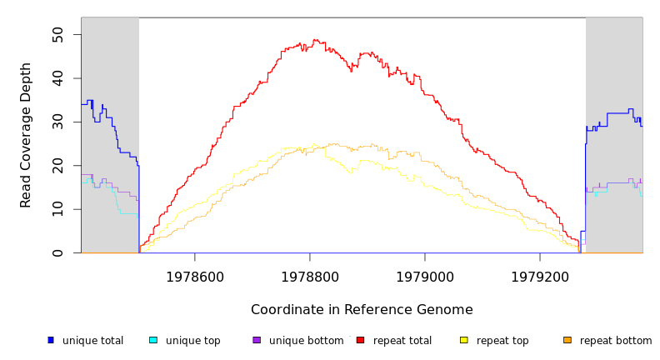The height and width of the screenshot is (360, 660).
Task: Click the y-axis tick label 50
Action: tap(57, 34)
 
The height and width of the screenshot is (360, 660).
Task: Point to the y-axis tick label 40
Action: tap(57, 78)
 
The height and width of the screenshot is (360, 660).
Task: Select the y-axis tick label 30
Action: tap(57, 122)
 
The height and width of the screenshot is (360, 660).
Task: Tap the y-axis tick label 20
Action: tap(57, 166)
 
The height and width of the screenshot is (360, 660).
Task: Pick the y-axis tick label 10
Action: tap(57, 209)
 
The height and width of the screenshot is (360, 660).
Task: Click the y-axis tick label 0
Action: tap(57, 252)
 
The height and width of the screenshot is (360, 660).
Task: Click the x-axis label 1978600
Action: tap(194, 276)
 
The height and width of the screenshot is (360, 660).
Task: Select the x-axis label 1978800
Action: tap(309, 276)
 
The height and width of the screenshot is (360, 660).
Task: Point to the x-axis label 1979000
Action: tap(424, 276)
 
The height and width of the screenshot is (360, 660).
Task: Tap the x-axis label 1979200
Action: tap(539, 276)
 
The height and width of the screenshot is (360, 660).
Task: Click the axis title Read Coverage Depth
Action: tap(26, 135)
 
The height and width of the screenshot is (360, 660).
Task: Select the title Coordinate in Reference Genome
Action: tap(362, 310)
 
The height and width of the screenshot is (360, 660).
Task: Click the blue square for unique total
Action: tap(51, 340)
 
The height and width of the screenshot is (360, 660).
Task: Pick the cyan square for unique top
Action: tap(153, 340)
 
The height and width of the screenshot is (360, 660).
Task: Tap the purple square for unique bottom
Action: tap(257, 340)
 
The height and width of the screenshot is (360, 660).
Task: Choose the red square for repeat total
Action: tap(360, 340)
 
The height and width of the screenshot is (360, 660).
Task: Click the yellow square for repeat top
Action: tap(463, 340)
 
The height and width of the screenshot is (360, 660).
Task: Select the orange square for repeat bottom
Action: tap(567, 340)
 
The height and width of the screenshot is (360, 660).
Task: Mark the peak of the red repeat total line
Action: tap(314, 40)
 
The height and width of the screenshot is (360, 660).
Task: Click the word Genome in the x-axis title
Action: tap(443, 310)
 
